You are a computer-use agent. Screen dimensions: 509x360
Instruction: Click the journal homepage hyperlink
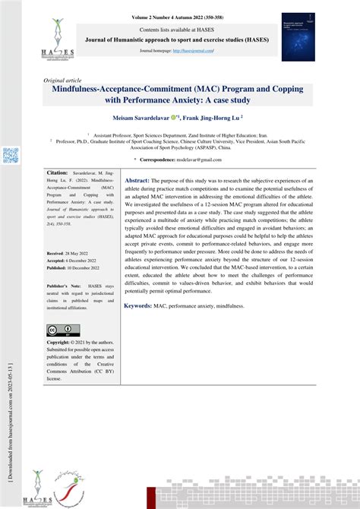point(194,50)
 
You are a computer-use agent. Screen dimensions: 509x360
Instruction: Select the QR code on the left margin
point(10,156)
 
